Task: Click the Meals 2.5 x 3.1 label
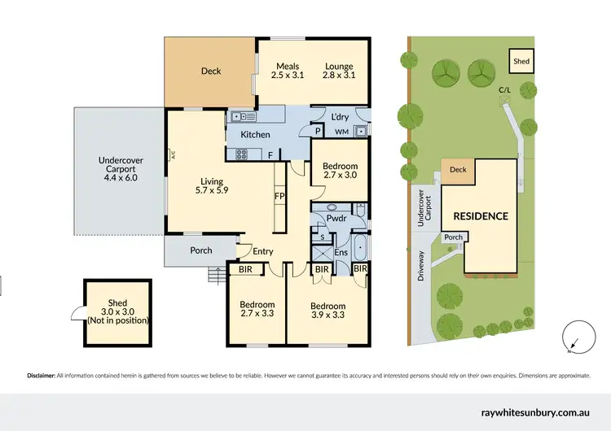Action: (x=287, y=71)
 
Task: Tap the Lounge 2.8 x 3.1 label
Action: (x=338, y=71)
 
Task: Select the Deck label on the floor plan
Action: (x=211, y=72)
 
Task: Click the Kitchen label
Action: (x=254, y=134)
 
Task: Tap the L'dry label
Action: (x=341, y=116)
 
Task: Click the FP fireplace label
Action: (x=279, y=196)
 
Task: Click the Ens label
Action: (x=341, y=252)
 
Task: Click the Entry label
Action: (x=262, y=251)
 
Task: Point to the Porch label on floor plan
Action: (x=200, y=250)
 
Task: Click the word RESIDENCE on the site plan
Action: (x=481, y=216)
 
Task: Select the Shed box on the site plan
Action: (x=519, y=59)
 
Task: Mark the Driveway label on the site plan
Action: (x=421, y=265)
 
